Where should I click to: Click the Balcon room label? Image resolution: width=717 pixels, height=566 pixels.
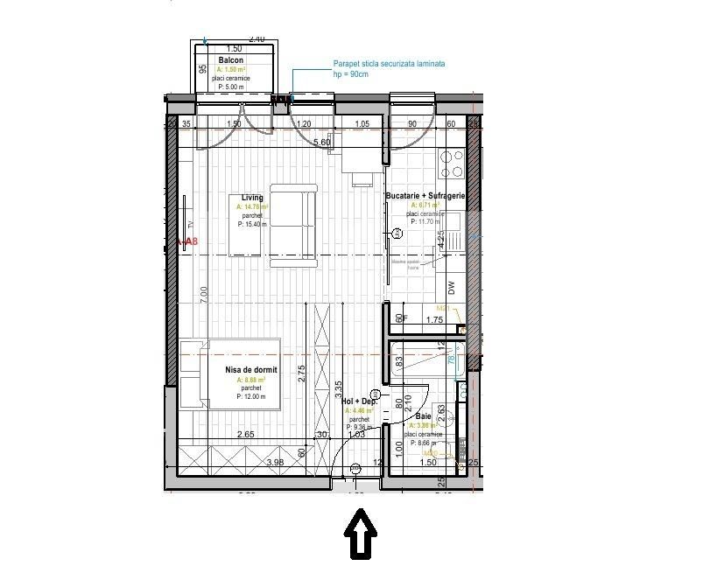point(231,60)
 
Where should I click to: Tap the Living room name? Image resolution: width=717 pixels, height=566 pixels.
point(252,198)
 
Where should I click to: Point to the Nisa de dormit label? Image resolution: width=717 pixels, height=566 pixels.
point(252,371)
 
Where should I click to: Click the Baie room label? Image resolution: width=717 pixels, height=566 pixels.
point(424,417)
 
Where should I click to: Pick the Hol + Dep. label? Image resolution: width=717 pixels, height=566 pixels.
point(360,401)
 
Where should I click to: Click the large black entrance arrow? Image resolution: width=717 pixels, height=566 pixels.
point(359,533)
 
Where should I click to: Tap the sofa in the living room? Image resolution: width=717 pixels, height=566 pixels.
point(292,225)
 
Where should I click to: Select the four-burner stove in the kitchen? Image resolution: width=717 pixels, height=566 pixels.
point(452,162)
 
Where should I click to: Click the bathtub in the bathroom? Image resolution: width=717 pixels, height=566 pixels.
point(424,360)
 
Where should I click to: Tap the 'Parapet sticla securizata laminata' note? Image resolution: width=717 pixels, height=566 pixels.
point(389,64)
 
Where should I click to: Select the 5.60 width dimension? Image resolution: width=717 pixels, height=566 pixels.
point(322,142)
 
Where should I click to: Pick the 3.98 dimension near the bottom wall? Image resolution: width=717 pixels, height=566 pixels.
point(275,463)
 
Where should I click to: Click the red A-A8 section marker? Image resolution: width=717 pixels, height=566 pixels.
point(187,242)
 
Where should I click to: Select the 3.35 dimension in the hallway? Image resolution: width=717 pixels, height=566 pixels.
point(338,384)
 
